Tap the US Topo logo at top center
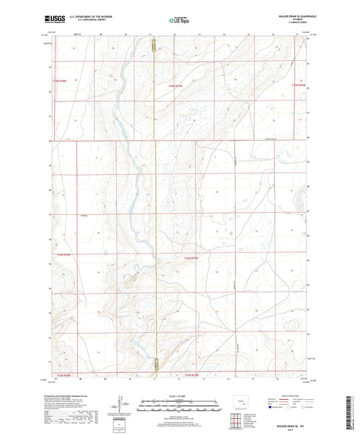point(179,21)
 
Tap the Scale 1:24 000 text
point(179,395)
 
